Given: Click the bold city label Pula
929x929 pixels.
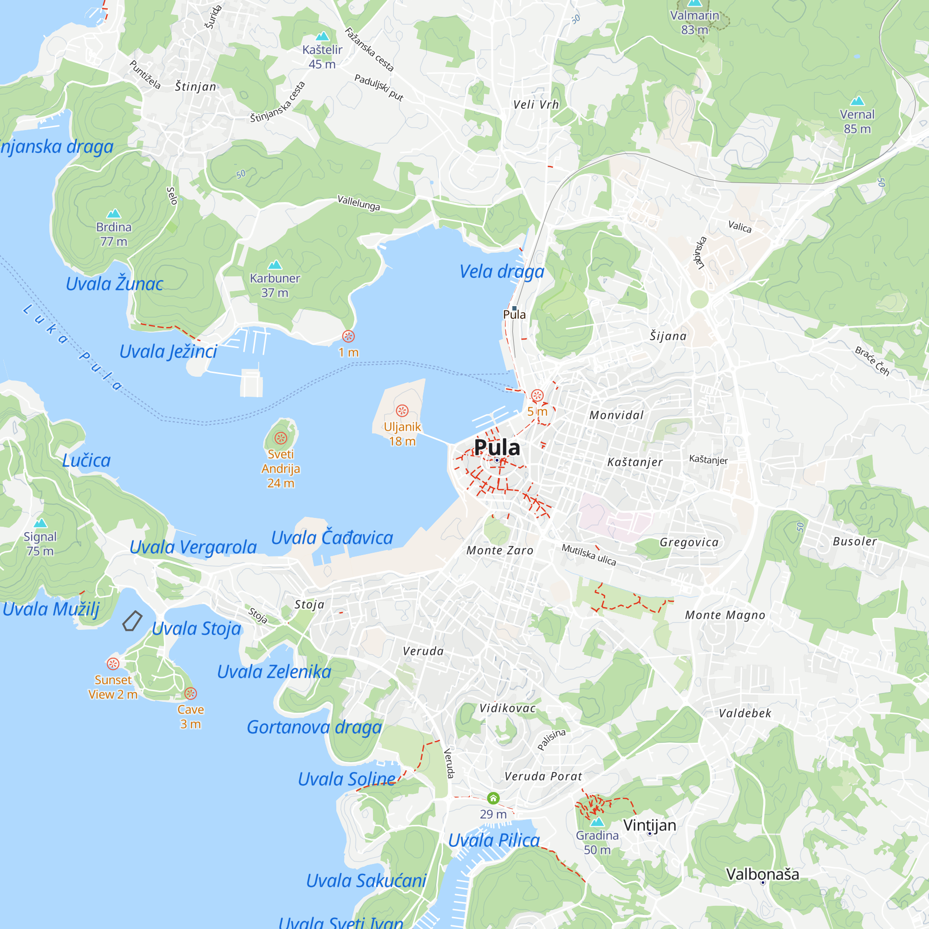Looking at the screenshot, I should (x=497, y=447).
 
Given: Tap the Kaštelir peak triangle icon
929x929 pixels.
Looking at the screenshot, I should (x=322, y=36).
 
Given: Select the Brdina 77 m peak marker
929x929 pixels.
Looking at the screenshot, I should (x=113, y=214).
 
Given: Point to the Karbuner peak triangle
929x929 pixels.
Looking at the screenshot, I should (x=275, y=265).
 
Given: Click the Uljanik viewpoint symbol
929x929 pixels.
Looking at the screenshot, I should (x=402, y=411).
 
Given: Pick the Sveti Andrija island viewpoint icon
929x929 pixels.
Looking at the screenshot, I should (x=281, y=438).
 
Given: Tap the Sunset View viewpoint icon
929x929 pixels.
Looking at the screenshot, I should (x=113, y=664).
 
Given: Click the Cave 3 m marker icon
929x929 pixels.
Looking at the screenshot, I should (x=190, y=693).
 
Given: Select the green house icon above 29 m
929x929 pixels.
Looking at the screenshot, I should (x=493, y=798).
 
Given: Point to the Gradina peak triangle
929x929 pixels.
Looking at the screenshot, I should (x=597, y=822).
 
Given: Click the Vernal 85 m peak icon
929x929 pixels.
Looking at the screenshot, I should (x=857, y=101).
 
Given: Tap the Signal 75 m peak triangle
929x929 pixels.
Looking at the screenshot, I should (x=40, y=523).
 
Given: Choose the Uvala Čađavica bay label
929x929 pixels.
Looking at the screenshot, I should (x=332, y=537).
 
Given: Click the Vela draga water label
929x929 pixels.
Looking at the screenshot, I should (x=502, y=272).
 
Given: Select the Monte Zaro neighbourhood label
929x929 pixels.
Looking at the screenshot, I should (x=500, y=550).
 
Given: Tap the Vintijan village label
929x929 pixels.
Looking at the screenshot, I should (x=649, y=825).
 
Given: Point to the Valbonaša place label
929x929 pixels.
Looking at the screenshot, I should (x=762, y=874).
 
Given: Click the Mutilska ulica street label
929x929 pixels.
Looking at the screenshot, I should (x=589, y=555).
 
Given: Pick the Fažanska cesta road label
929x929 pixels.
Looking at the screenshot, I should (x=369, y=50).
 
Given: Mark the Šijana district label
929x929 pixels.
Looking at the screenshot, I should (x=668, y=336).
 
